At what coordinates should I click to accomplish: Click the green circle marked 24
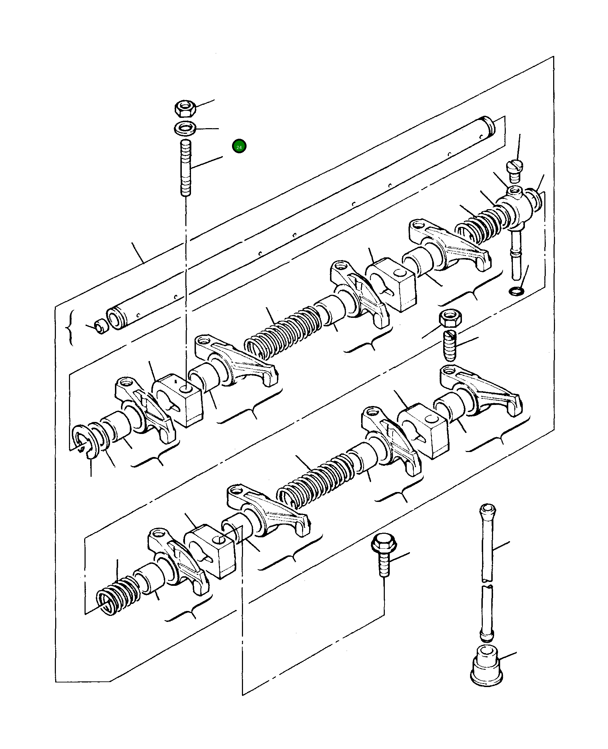click(x=239, y=147)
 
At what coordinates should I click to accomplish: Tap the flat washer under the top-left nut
click(x=185, y=128)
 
